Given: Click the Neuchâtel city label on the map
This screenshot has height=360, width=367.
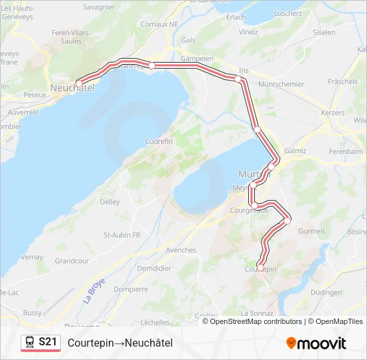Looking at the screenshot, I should click(72, 87).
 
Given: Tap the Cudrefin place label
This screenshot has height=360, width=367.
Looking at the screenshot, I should click(159, 141).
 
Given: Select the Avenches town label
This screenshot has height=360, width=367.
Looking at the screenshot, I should click(181, 250).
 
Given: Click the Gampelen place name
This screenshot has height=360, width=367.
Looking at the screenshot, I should click(197, 58).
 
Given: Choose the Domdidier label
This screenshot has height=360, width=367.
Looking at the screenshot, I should click(153, 268).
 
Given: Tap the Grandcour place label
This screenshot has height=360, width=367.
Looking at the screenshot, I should click(72, 261).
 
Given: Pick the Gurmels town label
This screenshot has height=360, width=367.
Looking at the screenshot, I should click(312, 231).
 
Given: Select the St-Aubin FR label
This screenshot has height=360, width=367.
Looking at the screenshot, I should click(121, 235).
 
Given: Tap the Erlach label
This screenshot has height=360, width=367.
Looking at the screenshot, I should click(236, 17).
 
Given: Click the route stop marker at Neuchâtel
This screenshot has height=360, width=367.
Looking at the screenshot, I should click(79, 83).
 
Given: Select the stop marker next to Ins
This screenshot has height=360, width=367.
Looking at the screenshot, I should click(238, 79).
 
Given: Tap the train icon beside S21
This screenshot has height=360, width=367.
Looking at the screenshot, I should click(30, 343).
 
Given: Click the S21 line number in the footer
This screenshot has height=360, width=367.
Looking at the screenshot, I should click(47, 343).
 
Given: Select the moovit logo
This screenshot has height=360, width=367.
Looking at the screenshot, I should click(316, 343).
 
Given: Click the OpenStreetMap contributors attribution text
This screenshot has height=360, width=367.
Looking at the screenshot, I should click(256, 321).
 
